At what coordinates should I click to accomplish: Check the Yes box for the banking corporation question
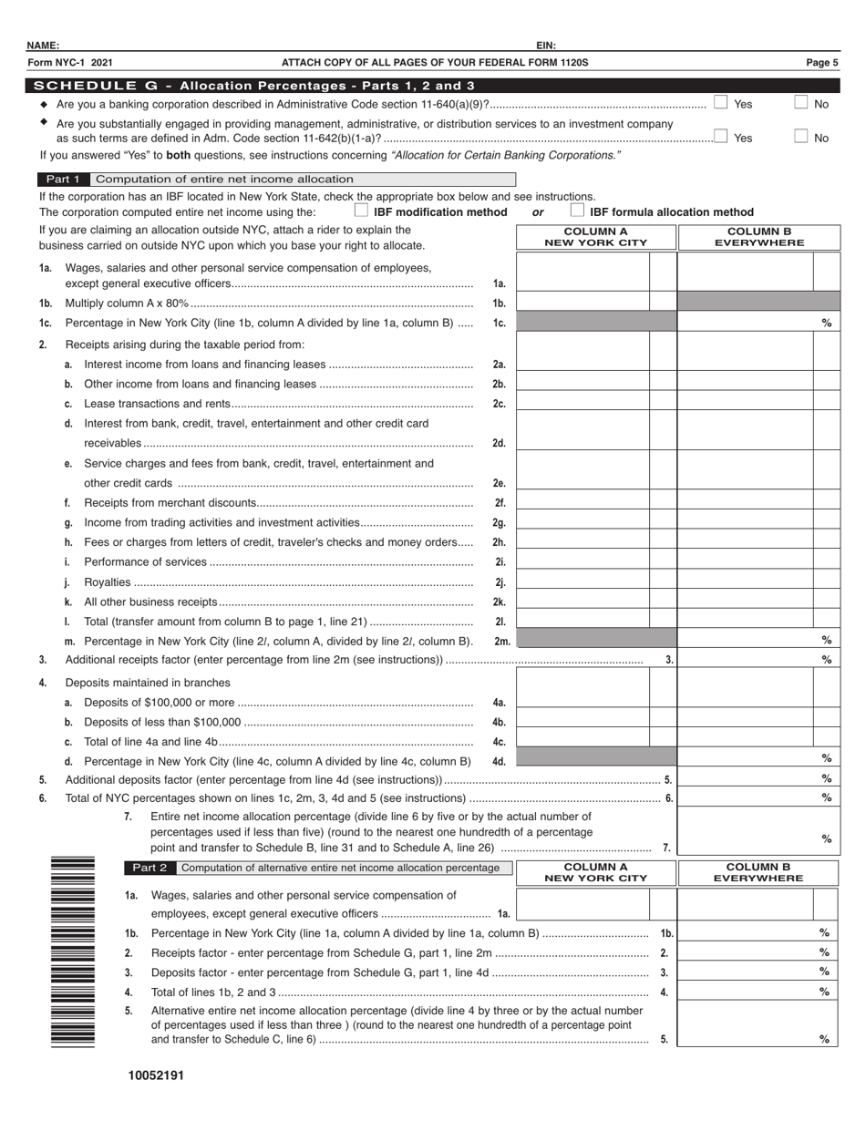click(720, 103)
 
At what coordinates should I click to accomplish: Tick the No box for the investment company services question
click(800, 137)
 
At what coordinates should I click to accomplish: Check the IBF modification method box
click(361, 211)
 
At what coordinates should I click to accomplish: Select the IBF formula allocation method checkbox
click(577, 211)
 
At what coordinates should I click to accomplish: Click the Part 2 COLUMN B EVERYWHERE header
click(758, 873)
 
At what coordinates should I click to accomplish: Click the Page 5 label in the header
click(821, 63)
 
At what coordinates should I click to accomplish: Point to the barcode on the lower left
click(73, 951)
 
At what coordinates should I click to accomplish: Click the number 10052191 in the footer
click(156, 1075)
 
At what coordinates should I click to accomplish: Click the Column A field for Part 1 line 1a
click(583, 273)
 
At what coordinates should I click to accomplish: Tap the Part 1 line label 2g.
click(499, 523)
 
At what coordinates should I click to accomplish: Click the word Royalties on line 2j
click(107, 582)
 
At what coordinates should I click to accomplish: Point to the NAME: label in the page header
click(43, 46)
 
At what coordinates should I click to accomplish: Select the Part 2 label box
click(149, 868)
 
